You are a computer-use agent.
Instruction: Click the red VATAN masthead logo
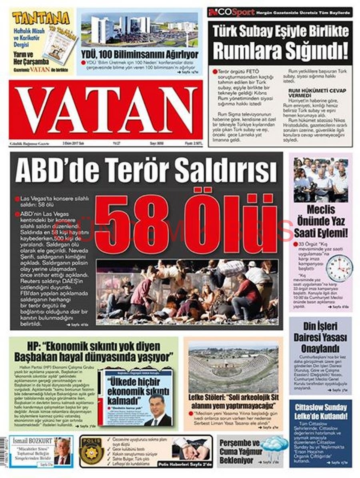tap(106, 110)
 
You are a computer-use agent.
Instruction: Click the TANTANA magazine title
tap(40, 18)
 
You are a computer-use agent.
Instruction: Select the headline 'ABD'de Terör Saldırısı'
tap(146, 169)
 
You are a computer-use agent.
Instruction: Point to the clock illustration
tap(339, 269)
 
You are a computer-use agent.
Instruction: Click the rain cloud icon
tap(274, 444)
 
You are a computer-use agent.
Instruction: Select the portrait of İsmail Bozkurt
tap(62, 451)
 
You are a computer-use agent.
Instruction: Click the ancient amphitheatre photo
tap(233, 368)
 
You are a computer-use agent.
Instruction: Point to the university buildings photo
tap(139, 30)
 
